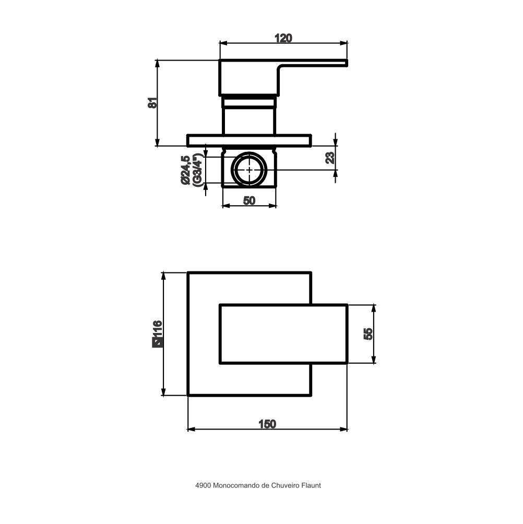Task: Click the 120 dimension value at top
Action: (x=283, y=38)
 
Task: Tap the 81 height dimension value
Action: (x=152, y=103)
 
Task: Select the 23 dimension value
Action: (x=330, y=158)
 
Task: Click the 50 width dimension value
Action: (x=249, y=200)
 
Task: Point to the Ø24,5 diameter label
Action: (x=186, y=170)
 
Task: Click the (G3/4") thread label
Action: (x=198, y=170)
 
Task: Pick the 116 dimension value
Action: (x=157, y=329)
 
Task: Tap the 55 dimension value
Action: (x=368, y=334)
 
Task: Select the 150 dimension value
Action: (x=267, y=424)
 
